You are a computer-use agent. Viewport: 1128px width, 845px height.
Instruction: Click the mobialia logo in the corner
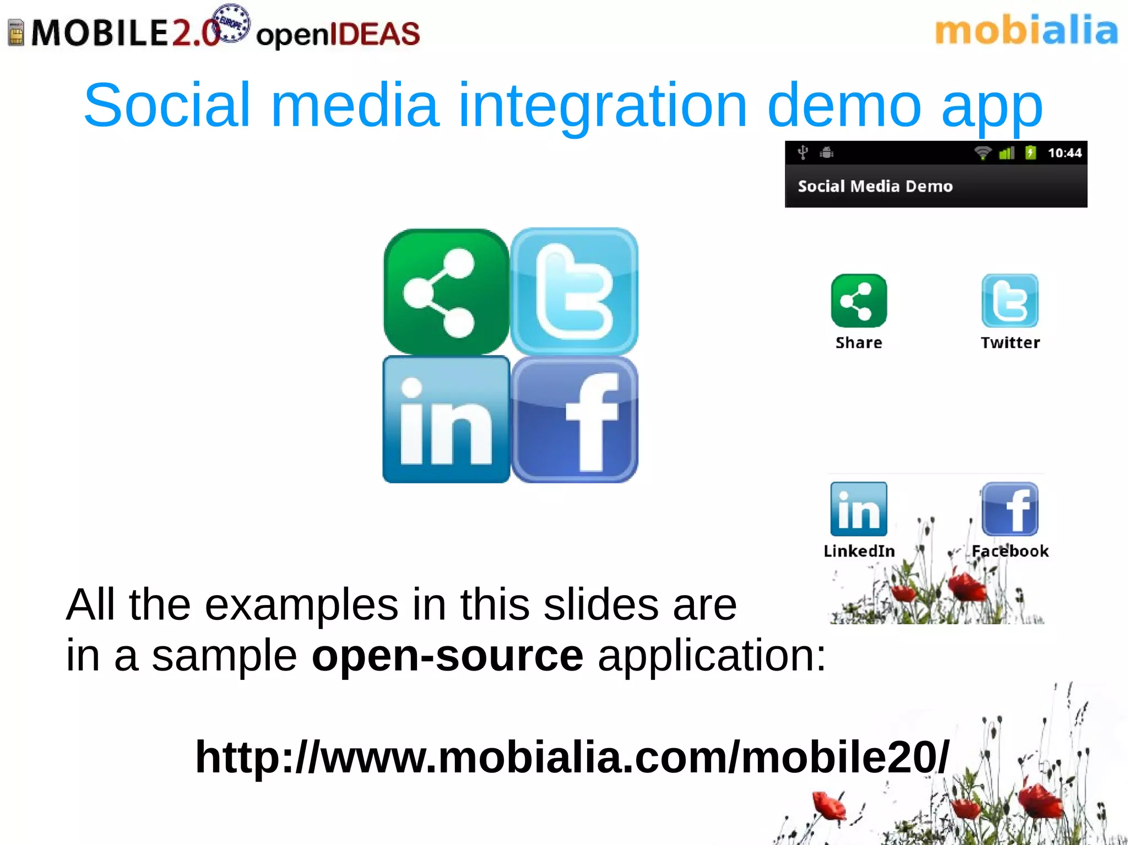(1026, 31)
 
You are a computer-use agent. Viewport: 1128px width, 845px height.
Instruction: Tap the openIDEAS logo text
(338, 34)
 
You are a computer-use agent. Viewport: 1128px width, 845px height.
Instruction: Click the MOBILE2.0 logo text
(124, 33)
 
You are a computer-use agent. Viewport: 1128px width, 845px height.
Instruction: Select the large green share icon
(446, 292)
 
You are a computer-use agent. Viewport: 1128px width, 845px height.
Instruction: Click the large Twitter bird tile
(574, 292)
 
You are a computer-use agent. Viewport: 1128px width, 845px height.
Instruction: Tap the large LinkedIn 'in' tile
(446, 420)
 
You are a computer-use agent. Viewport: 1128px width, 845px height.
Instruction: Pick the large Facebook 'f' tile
(574, 420)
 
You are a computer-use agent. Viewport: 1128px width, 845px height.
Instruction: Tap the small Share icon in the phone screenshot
(859, 301)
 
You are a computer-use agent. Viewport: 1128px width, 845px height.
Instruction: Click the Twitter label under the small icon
(1010, 342)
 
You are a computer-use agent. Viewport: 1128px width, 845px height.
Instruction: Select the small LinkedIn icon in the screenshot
(859, 509)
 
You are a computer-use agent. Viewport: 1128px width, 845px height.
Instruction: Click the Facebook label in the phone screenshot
(1010, 551)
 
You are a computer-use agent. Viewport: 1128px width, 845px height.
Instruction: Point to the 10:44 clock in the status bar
(1064, 153)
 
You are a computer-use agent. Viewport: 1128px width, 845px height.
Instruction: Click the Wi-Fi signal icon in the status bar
(982, 153)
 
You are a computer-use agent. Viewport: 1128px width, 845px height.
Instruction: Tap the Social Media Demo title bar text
(875, 186)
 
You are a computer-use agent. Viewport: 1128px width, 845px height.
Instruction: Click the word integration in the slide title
(603, 106)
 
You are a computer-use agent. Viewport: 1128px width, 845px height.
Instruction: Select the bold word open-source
(447, 656)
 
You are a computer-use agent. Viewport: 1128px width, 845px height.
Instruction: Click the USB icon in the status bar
(803, 152)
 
